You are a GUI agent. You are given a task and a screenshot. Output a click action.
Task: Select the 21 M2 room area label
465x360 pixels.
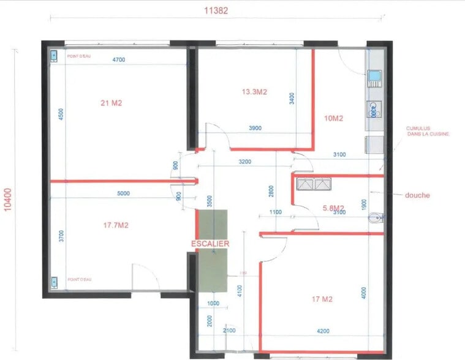click(x=111, y=103)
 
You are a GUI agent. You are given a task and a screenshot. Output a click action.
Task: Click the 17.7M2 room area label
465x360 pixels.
click(x=116, y=225)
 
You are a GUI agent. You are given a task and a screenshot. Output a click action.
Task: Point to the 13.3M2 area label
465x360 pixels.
click(x=254, y=92)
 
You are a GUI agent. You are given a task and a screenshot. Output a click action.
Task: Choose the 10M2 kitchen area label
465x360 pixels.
click(x=333, y=118)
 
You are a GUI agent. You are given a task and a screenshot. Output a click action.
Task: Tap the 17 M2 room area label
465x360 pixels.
click(x=322, y=299)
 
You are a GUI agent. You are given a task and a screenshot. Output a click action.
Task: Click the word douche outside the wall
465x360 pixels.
click(x=417, y=195)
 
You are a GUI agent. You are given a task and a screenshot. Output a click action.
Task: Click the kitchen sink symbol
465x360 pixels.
click(x=373, y=77)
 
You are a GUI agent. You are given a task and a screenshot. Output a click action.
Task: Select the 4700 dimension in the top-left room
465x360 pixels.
click(x=119, y=59)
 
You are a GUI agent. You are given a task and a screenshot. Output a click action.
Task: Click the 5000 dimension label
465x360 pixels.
click(x=123, y=193)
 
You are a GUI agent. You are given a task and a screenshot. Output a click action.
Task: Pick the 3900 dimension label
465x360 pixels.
click(x=255, y=128)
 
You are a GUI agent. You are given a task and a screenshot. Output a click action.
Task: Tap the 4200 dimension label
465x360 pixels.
click(x=322, y=331)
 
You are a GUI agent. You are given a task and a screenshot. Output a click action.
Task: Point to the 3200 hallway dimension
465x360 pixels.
click(x=245, y=162)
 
